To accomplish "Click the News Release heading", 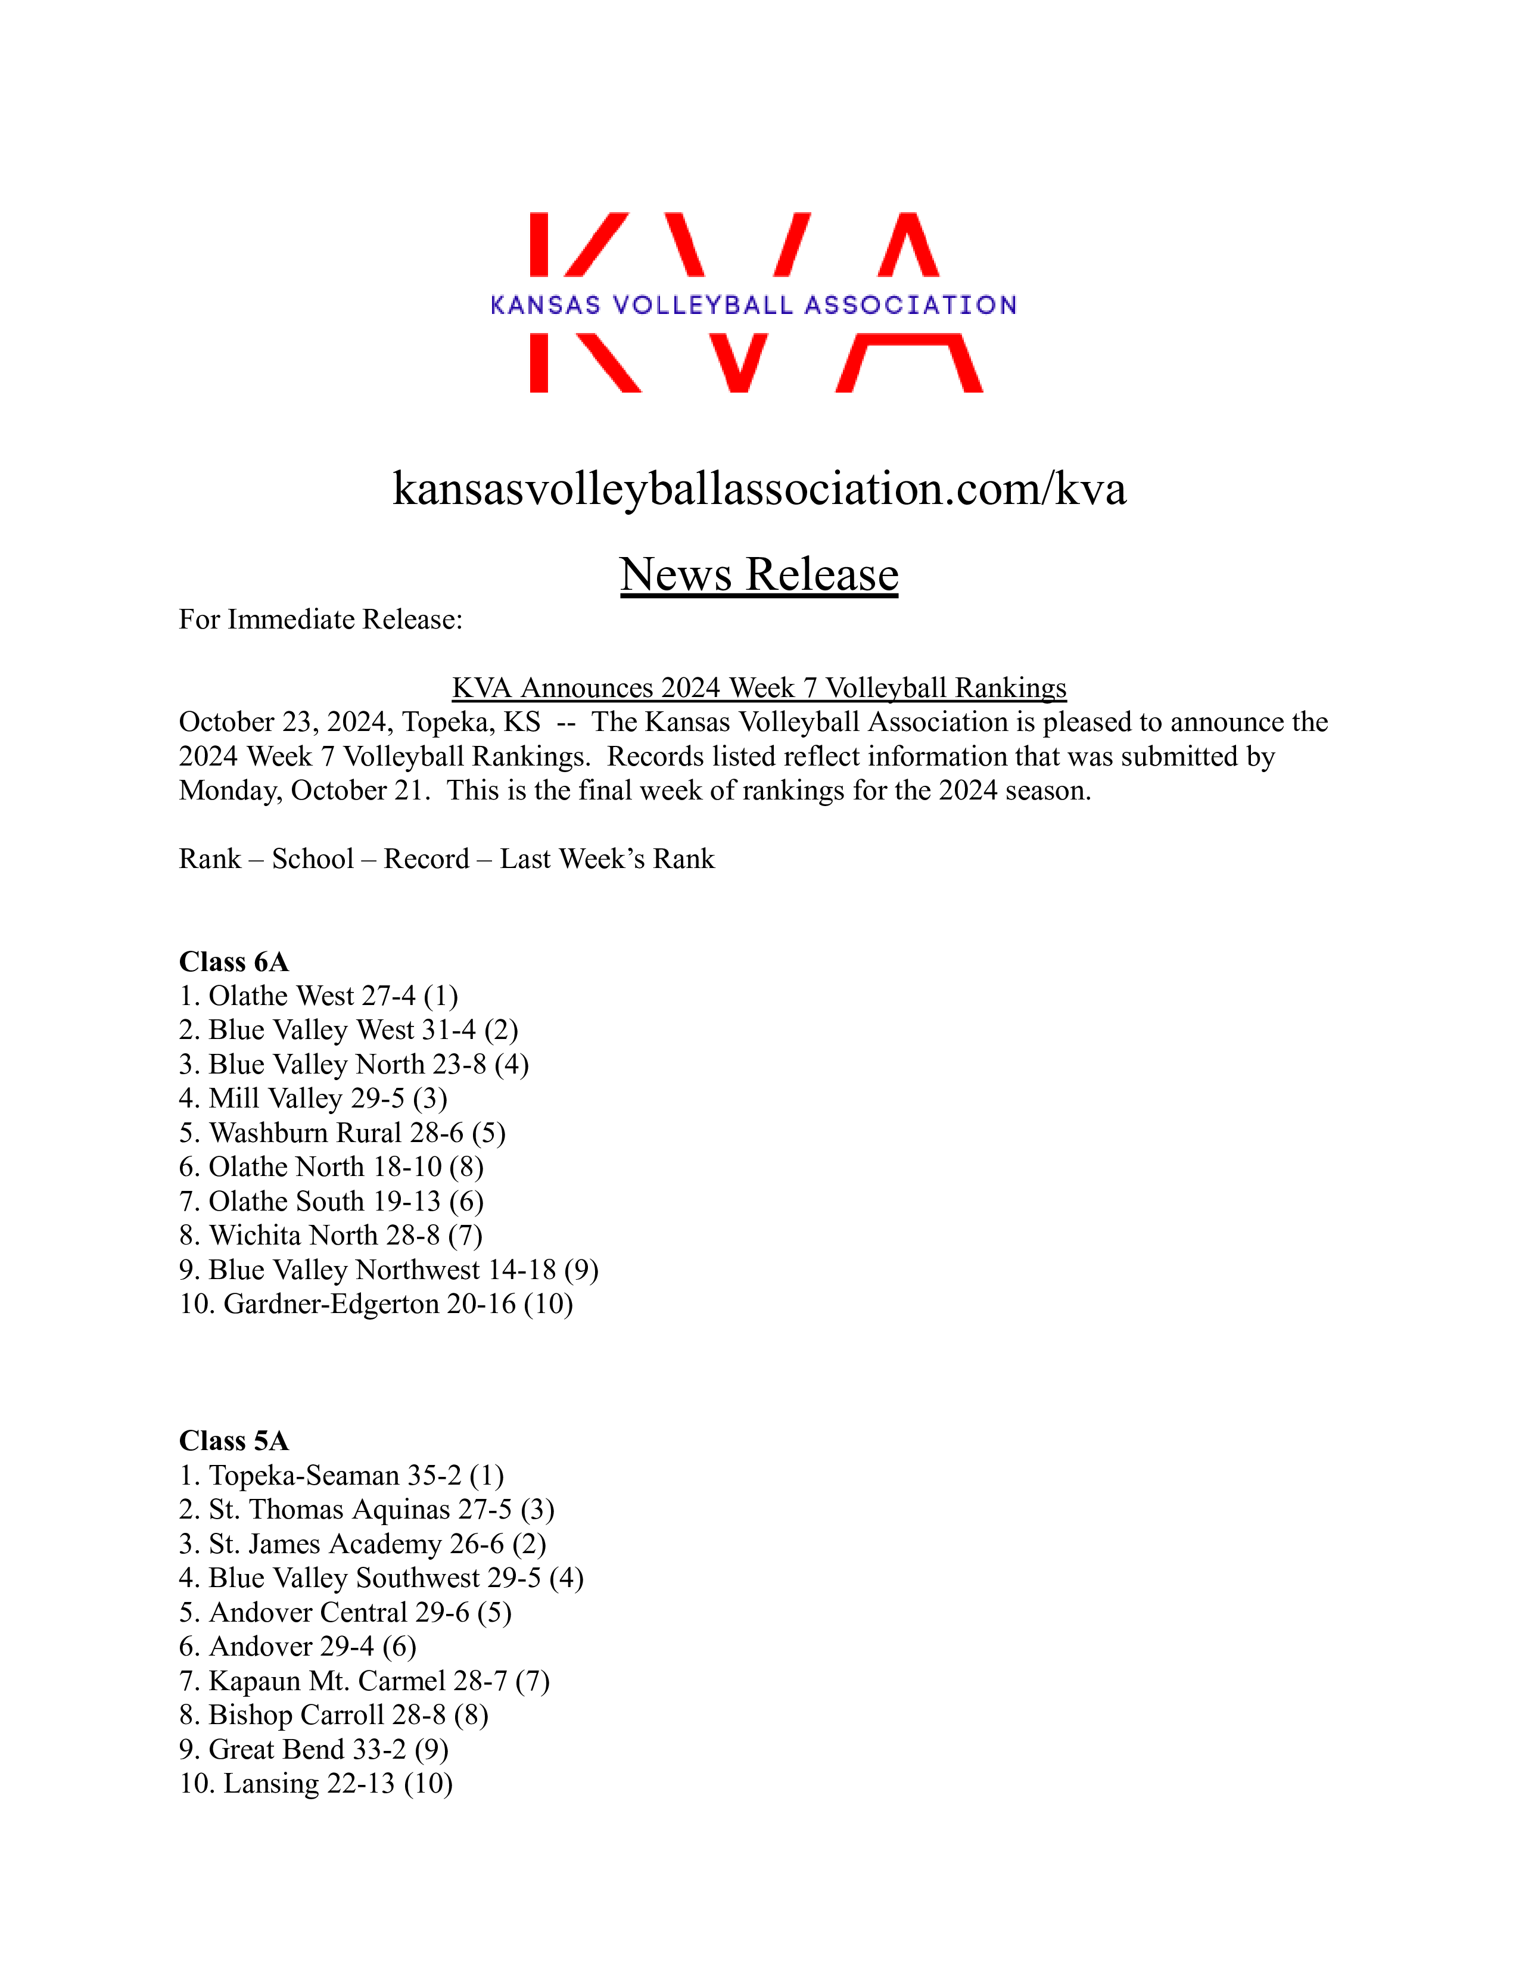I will pos(758,574).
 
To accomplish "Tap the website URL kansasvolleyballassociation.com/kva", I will pos(758,489).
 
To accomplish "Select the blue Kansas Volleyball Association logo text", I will pos(753,305).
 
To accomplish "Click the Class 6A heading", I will pos(234,962).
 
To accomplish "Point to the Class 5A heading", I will pos(234,1441).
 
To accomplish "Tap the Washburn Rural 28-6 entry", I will pos(342,1133).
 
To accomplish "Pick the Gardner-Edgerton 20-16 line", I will pos(376,1304).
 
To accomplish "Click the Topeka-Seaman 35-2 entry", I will pos(341,1476).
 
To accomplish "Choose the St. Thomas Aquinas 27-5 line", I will pos(366,1510).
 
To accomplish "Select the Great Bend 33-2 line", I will pos(313,1749).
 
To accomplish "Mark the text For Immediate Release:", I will pos(320,620).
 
